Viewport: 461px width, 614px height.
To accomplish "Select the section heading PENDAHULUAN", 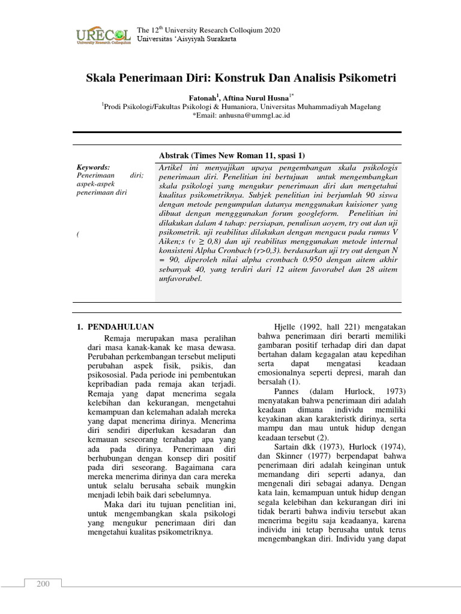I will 121,327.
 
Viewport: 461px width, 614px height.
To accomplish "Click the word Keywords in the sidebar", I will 93,167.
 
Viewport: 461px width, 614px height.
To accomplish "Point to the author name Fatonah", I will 203,97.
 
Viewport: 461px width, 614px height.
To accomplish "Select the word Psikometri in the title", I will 364,78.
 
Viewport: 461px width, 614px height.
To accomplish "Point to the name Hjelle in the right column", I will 285,327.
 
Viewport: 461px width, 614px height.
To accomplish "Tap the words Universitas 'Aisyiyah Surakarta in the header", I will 187,39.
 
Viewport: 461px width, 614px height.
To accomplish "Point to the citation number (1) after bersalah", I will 293,381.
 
